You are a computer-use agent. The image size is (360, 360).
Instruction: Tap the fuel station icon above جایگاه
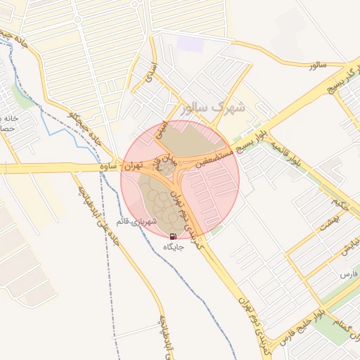tap(173, 236)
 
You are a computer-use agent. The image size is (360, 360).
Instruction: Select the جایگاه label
tap(173, 247)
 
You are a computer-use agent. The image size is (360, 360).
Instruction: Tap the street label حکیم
tap(342, 207)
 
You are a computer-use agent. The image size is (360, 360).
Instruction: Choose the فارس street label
tap(349, 272)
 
